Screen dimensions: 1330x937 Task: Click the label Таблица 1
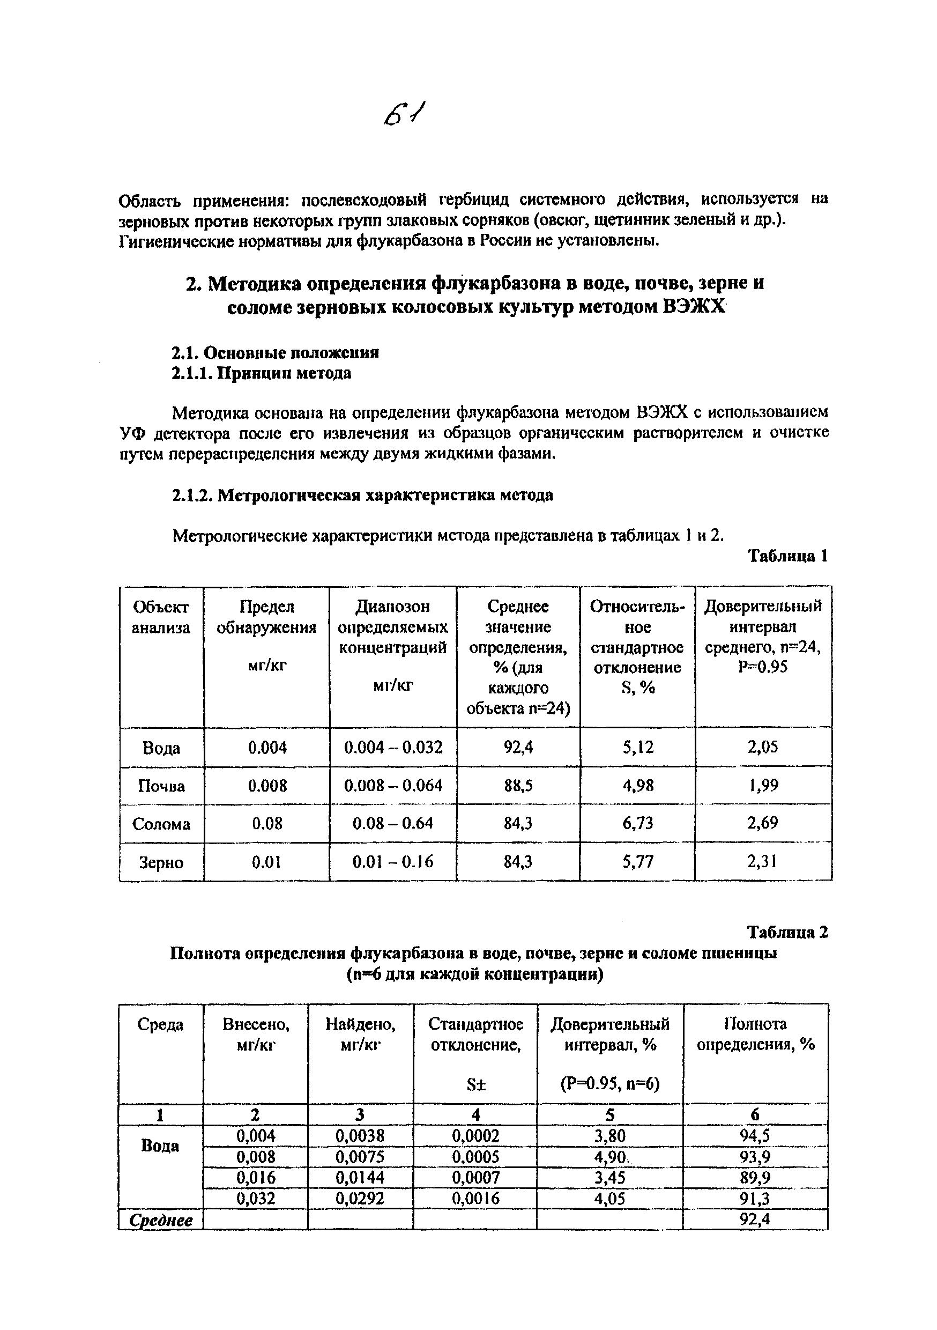coord(787,556)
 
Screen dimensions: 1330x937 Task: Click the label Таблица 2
coord(787,932)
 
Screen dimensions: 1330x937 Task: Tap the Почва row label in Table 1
coord(161,786)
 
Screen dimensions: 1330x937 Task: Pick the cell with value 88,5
coord(518,786)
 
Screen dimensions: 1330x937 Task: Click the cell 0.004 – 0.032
coord(393,747)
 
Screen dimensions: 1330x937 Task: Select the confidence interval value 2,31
coord(762,862)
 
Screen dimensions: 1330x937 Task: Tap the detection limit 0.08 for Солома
coord(267,824)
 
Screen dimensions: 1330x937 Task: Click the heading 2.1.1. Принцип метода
coord(261,373)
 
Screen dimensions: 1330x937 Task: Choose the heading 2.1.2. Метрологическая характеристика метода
coord(362,496)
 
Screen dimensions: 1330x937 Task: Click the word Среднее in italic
coord(161,1221)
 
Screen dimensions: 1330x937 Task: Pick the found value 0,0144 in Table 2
coord(360,1178)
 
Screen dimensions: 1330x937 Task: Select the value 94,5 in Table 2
coord(755,1136)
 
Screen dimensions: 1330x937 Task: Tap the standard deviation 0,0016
coord(475,1199)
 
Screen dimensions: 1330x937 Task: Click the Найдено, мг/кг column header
coord(360,1034)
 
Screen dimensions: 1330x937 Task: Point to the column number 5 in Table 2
coord(610,1114)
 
